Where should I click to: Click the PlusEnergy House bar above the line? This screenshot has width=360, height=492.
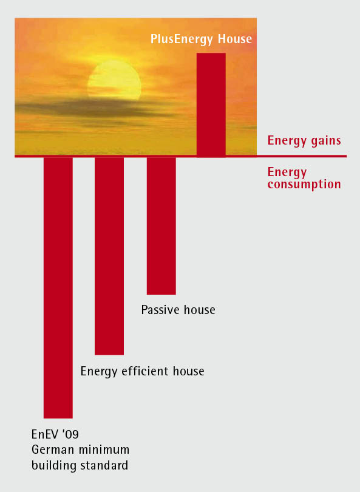pyautogui.click(x=211, y=104)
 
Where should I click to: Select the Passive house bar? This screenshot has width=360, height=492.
pyautogui.click(x=161, y=225)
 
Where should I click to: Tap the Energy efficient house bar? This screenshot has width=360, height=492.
pyautogui.click(x=109, y=256)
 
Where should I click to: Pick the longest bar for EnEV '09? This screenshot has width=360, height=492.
pyautogui.click(x=58, y=287)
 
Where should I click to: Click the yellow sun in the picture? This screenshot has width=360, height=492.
pyautogui.click(x=114, y=80)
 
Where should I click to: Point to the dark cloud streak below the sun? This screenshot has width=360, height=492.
pyautogui.click(x=91, y=108)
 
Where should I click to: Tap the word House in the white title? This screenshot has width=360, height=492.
pyautogui.click(x=235, y=39)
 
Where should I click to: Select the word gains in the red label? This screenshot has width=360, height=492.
pyautogui.click(x=326, y=141)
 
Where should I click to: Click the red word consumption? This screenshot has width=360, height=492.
pyautogui.click(x=304, y=185)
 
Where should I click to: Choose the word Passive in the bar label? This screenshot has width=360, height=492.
pyautogui.click(x=160, y=310)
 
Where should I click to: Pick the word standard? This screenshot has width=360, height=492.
pyautogui.click(x=104, y=465)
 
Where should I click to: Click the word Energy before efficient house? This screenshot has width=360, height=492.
pyautogui.click(x=100, y=372)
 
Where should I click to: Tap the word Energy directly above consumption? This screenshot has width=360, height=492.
pyautogui.click(x=287, y=173)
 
